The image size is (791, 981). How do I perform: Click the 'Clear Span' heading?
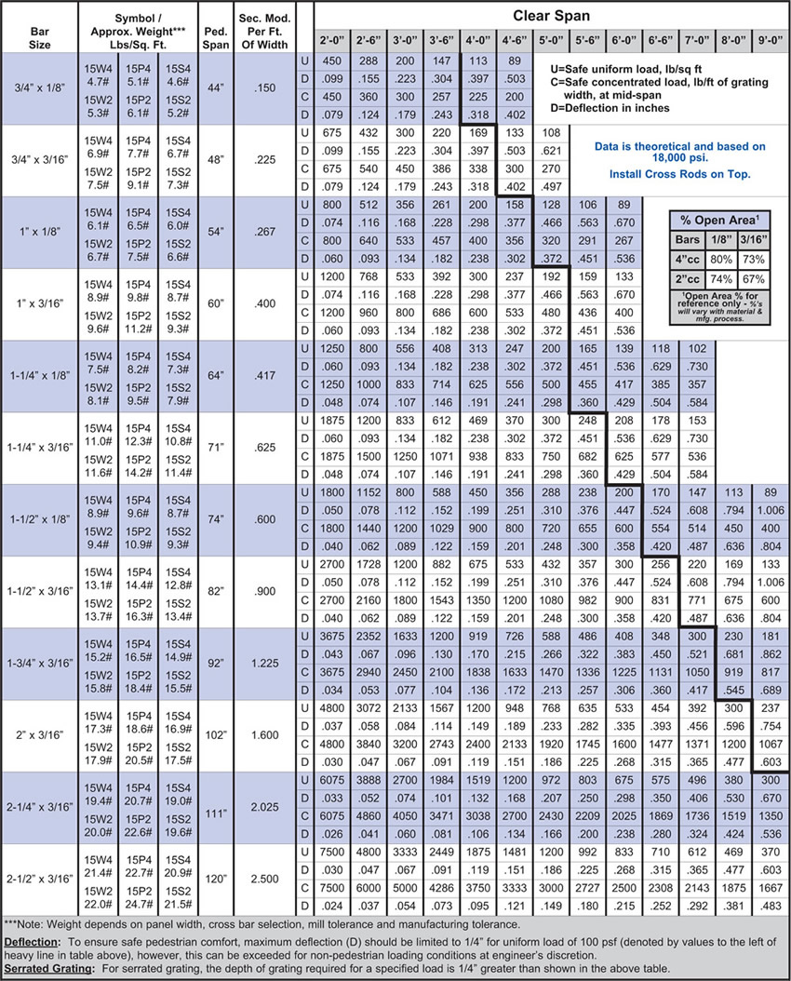[x=551, y=17]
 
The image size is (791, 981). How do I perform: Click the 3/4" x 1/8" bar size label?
[x=40, y=87]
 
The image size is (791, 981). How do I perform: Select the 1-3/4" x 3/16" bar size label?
[x=40, y=664]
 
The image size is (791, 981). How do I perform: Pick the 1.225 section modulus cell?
[x=264, y=664]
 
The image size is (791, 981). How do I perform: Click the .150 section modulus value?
[x=264, y=87]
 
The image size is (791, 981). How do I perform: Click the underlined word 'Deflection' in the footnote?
[x=32, y=942]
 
